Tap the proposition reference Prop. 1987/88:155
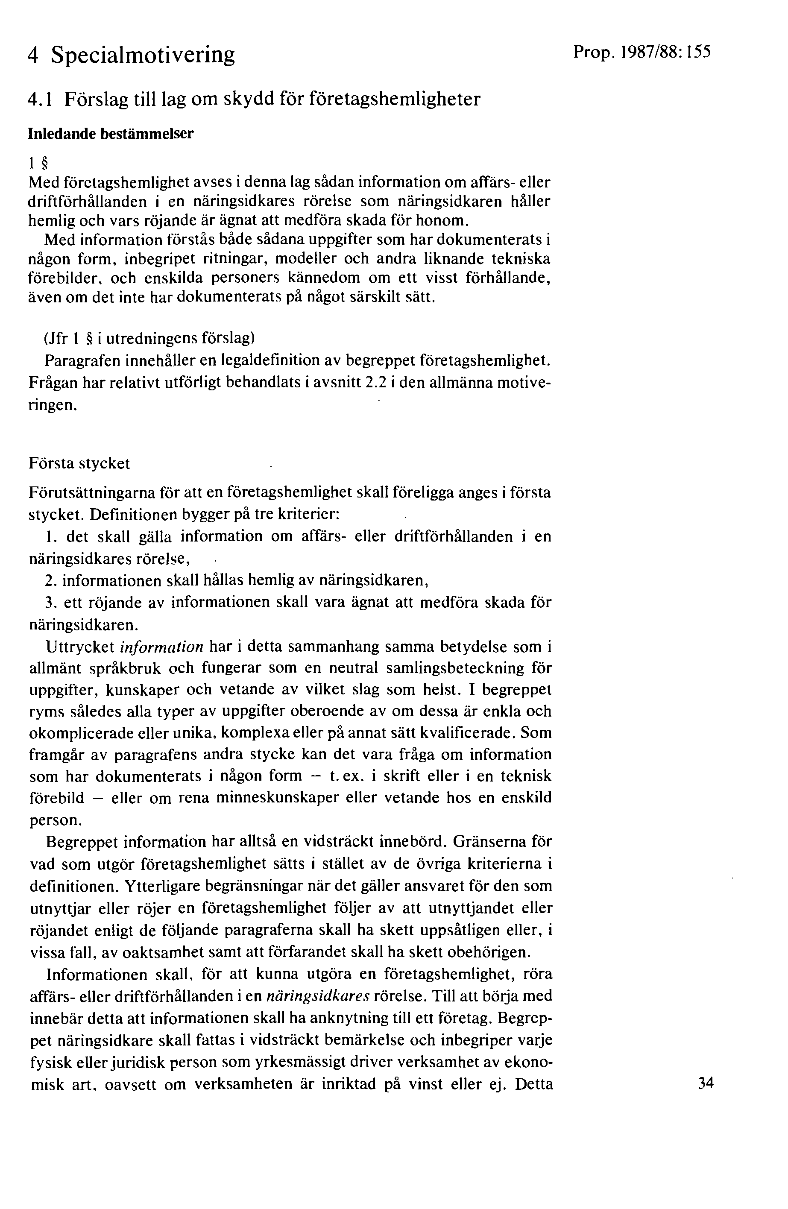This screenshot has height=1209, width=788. (642, 52)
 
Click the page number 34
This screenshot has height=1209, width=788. (706, 1083)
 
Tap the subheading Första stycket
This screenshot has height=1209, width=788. (79, 463)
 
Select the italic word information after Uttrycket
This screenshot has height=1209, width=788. (161, 647)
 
